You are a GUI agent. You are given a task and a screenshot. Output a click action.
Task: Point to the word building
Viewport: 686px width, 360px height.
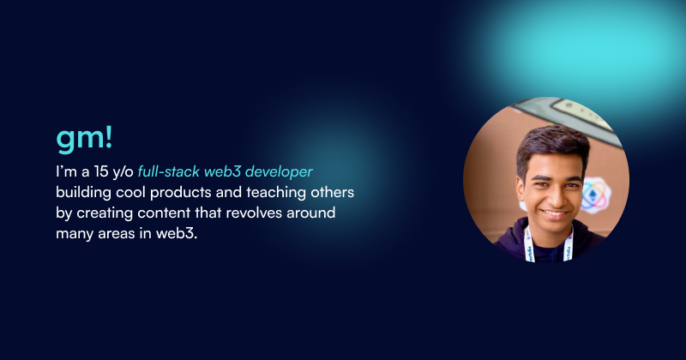[x=83, y=191]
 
